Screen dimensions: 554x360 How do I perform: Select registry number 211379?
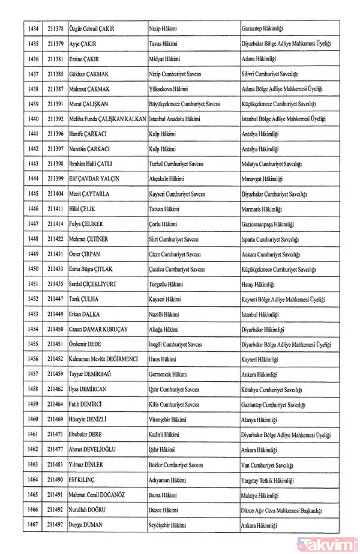coord(56,44)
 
